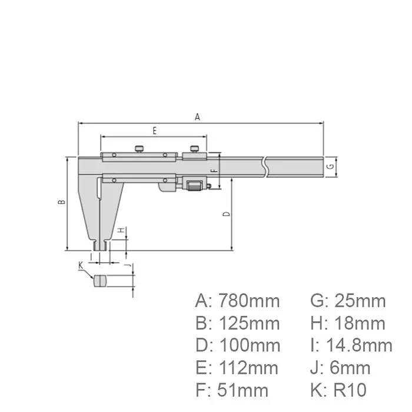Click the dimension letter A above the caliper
click(x=198, y=117)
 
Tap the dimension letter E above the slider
click(x=154, y=131)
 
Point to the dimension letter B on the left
click(x=61, y=202)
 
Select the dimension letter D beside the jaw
click(x=227, y=214)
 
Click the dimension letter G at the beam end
click(x=331, y=167)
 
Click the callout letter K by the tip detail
click(x=81, y=266)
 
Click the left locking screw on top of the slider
click(x=140, y=148)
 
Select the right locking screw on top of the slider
click(x=194, y=148)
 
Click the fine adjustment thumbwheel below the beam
click(x=192, y=185)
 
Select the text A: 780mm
click(x=237, y=301)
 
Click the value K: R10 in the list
click(x=338, y=390)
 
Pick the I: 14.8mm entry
click(x=351, y=345)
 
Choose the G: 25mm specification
click(x=348, y=301)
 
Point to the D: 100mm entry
click(x=237, y=345)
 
